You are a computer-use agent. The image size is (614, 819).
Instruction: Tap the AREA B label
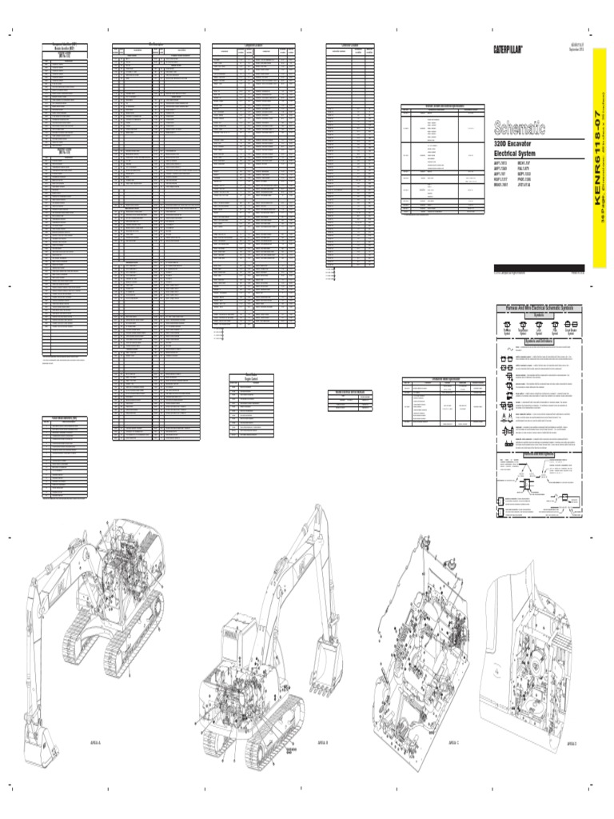click(321, 741)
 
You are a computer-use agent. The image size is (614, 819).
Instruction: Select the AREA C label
click(453, 742)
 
